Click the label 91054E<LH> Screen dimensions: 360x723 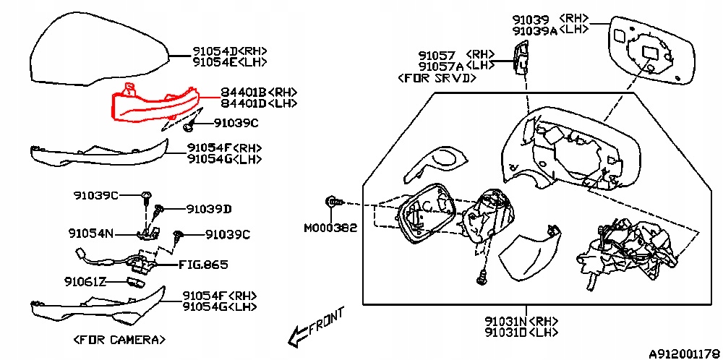point(230,63)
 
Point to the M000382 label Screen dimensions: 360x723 point(330,228)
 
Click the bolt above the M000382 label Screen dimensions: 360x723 point(333,202)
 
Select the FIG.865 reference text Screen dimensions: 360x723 point(203,265)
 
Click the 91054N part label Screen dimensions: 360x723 point(90,233)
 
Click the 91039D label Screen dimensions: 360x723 point(208,209)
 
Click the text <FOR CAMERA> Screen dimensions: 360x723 point(119,339)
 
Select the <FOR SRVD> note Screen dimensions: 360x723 point(438,77)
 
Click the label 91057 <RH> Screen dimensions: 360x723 point(455,54)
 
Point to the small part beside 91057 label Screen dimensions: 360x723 point(519,56)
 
